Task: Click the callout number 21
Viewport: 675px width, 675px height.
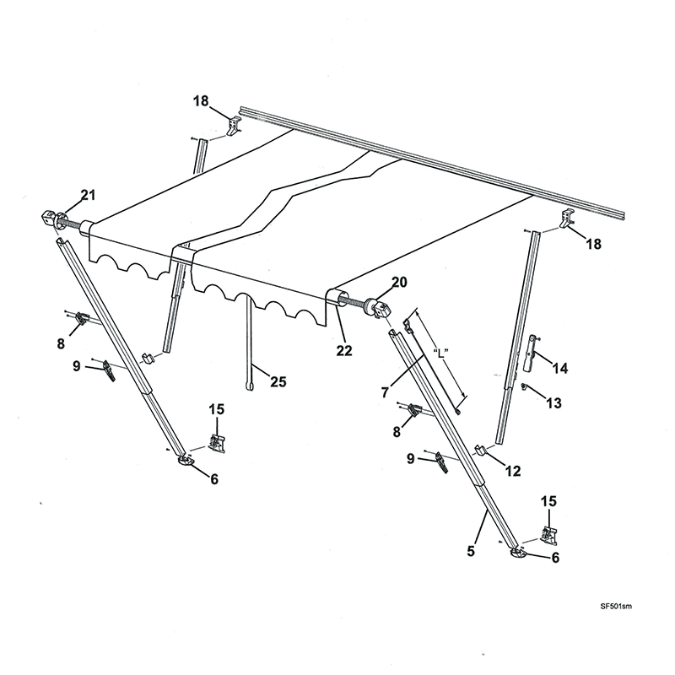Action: click(88, 197)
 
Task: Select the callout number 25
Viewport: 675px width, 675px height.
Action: click(277, 381)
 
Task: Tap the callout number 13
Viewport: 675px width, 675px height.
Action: click(553, 403)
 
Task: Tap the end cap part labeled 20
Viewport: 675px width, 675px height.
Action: click(379, 309)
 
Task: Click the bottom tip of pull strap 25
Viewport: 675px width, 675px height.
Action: click(249, 386)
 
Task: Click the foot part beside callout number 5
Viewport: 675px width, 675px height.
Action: click(516, 553)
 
